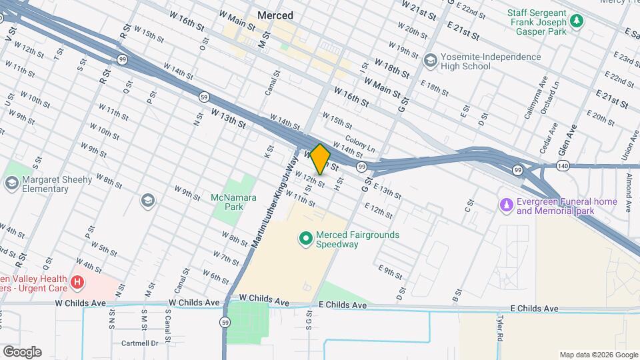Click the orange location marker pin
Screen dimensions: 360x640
321,159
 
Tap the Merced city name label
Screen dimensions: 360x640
275,15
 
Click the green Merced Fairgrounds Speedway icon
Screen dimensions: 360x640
306,237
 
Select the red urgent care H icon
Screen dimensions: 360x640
78,283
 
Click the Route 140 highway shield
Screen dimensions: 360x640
563,165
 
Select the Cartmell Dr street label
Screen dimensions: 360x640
140,343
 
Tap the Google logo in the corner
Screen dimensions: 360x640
21,351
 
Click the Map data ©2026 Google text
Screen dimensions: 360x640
597,354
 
